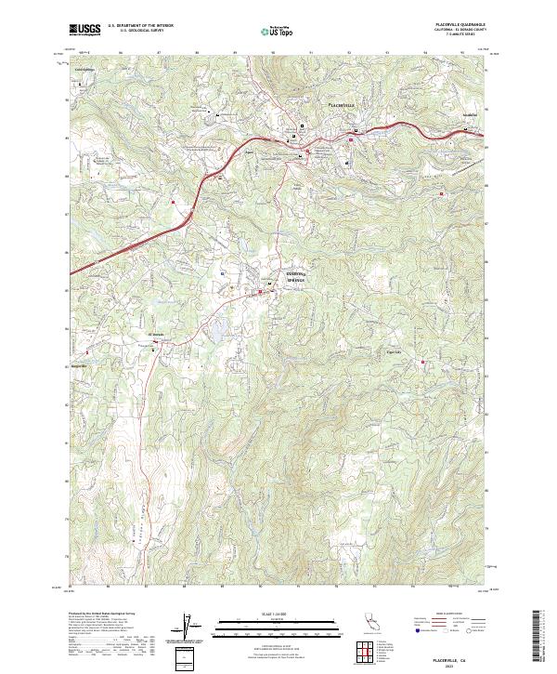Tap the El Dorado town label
tap(157, 335)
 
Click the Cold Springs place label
tap(84, 69)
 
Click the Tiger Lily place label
tap(394, 352)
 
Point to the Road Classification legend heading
tap(448, 614)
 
